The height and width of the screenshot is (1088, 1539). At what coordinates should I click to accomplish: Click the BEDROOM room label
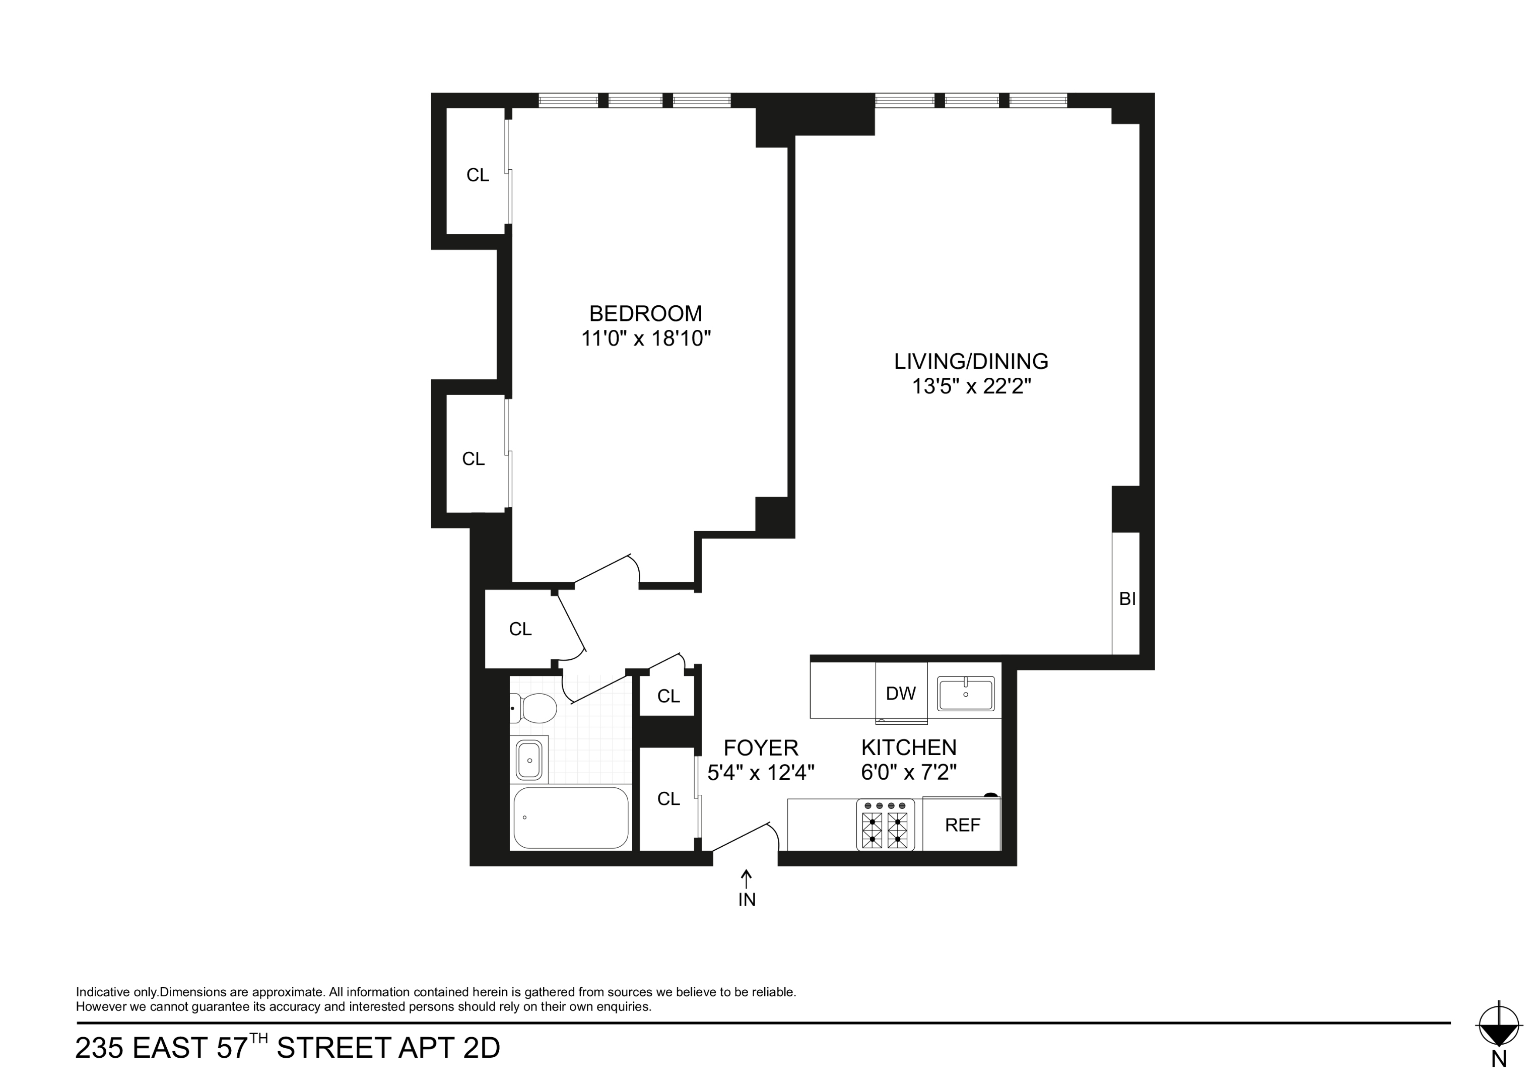tap(645, 313)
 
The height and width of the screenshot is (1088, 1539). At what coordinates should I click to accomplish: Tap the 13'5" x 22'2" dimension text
tap(971, 387)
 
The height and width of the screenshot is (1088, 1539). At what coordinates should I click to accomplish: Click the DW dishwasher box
tap(901, 693)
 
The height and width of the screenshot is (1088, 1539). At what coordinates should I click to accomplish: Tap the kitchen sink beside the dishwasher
tap(965, 694)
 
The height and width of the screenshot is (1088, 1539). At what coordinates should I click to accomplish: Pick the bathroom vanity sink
tap(529, 760)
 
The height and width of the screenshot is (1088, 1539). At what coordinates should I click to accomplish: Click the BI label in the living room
tap(1127, 598)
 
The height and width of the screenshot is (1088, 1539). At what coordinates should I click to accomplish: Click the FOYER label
tap(761, 747)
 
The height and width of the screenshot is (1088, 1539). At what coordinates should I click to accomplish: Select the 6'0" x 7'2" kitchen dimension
tap(908, 773)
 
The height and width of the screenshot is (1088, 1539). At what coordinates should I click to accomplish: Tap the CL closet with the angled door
tap(520, 629)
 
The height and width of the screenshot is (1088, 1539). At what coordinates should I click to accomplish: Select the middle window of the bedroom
tap(635, 101)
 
